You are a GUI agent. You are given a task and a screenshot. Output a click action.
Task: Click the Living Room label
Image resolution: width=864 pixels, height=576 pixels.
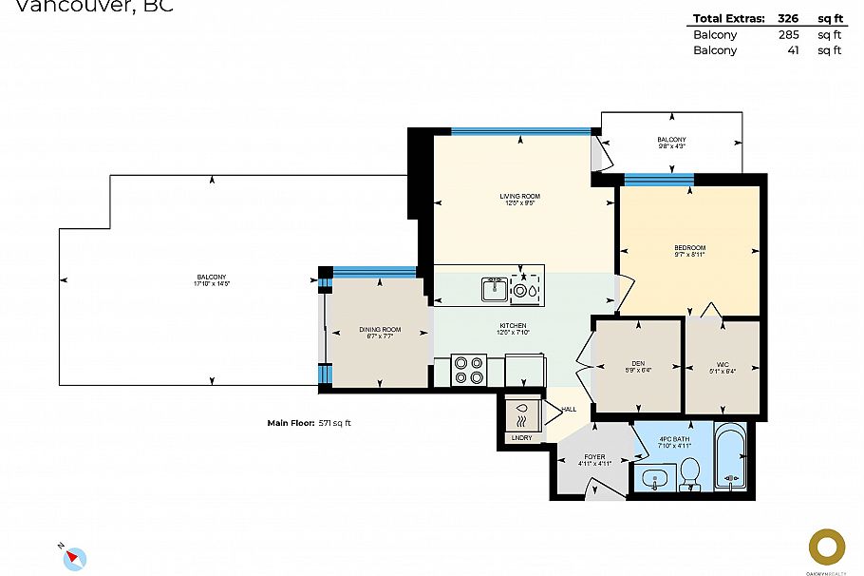pos(519,200)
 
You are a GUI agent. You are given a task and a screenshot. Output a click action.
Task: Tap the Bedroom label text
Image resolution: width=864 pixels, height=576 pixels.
pos(689,251)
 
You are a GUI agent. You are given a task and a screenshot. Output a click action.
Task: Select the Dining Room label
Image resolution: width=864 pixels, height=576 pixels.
pos(380,333)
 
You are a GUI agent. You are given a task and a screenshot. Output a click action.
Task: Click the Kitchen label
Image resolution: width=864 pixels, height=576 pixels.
pos(513,329)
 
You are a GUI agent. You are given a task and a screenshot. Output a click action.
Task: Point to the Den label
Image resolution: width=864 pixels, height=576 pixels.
pos(638,368)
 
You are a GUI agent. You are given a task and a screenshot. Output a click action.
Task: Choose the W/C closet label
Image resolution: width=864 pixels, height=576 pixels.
pos(723,368)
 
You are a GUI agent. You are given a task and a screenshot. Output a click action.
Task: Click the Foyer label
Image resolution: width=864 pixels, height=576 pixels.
pos(594,460)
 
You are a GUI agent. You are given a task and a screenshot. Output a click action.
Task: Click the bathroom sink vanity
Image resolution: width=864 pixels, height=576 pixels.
pos(654,478)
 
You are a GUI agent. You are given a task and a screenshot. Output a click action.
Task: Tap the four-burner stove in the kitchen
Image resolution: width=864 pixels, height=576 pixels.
pos(469,370)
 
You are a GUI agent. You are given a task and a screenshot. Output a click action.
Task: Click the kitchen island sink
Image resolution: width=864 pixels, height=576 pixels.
pos(495,288)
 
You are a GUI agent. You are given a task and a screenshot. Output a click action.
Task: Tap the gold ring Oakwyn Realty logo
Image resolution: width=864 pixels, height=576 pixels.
pos(826,547)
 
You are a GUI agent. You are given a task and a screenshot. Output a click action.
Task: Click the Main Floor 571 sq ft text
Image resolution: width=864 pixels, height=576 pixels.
pos(314,423)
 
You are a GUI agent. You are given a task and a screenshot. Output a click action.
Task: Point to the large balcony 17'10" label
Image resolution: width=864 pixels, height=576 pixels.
pos(214,279)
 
